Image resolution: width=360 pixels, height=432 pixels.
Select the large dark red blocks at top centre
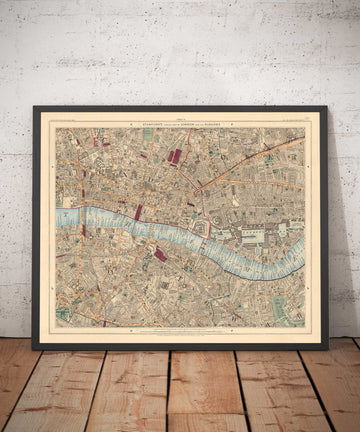click(175, 156)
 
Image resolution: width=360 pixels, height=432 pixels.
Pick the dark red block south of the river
click(160, 255)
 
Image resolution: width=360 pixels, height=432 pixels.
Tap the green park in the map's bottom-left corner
click(63, 314)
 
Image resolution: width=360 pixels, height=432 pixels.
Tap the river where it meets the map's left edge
click(58, 215)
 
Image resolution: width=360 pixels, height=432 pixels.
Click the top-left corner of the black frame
click(34, 106)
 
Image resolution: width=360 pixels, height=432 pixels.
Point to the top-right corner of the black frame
click(326, 106)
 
